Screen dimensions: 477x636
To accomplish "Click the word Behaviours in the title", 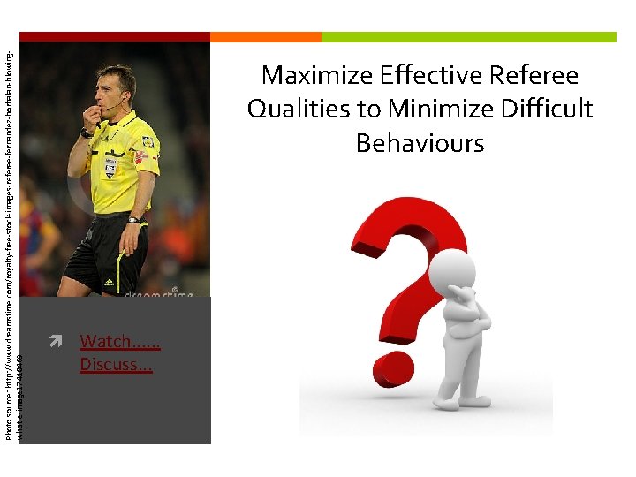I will point(420,142).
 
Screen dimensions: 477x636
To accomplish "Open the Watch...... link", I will point(117,341).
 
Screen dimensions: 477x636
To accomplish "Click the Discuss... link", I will point(116,364).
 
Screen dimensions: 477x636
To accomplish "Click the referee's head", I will point(116,85).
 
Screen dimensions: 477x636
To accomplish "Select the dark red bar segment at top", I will point(114,37).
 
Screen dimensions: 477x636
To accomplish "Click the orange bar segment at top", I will point(266,37).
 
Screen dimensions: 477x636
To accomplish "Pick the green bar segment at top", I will point(468,37).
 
